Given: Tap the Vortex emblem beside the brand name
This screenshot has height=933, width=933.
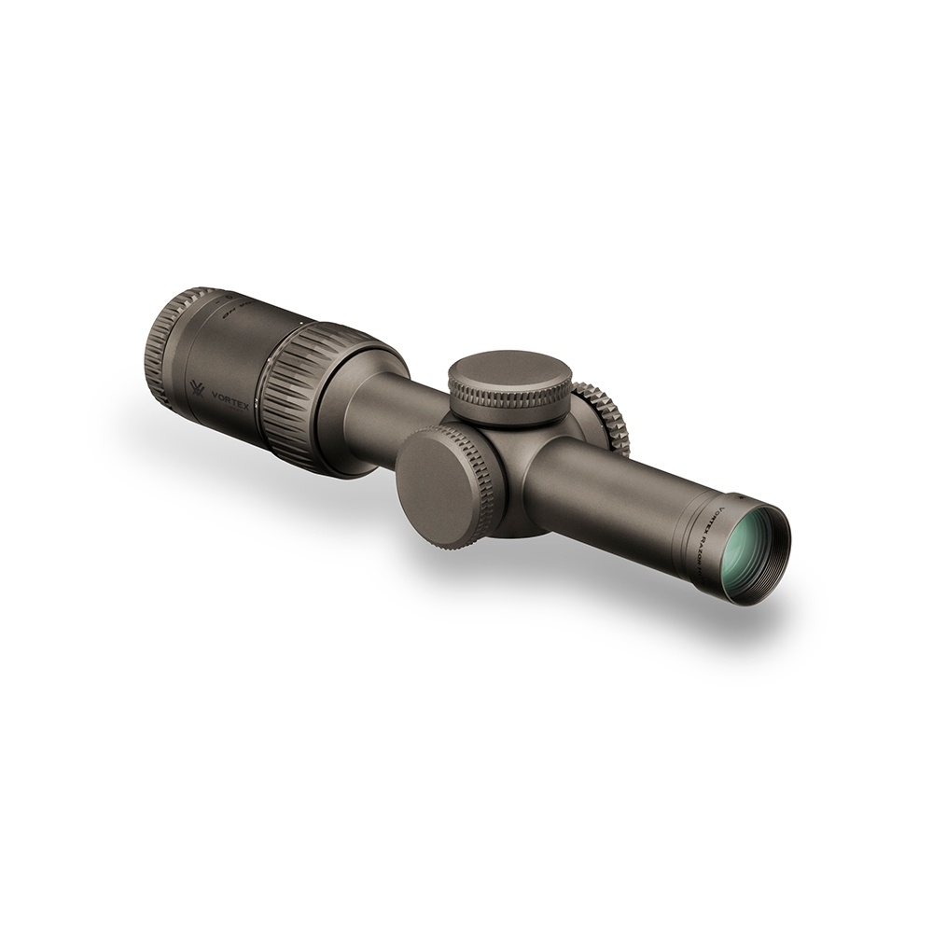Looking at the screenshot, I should point(197,387).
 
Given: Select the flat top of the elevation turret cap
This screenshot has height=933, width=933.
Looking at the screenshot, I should point(509,370).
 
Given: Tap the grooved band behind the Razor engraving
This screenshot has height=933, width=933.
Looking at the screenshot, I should point(695,532).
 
